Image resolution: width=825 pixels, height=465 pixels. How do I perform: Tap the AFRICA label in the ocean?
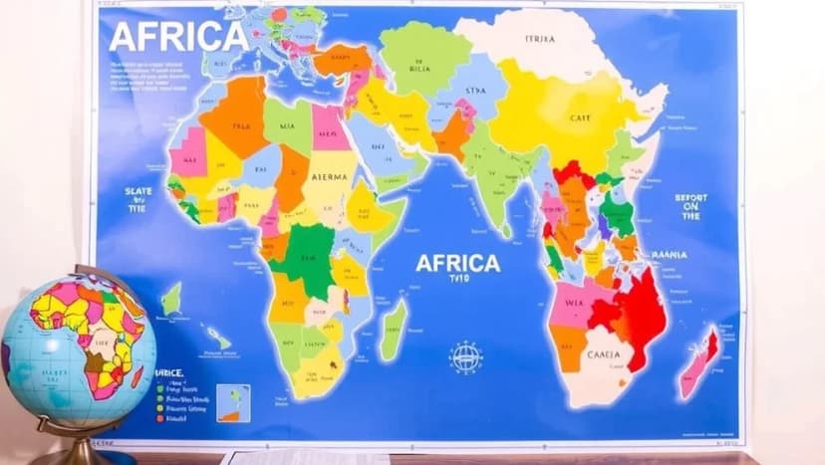pos(457,264)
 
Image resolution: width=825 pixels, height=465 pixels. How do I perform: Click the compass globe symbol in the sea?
pos(465,356)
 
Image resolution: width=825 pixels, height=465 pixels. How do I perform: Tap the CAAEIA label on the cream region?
pos(603,354)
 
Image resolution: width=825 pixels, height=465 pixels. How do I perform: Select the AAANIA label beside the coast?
pos(670,255)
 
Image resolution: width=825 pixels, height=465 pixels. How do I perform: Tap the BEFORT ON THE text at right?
pos(690,206)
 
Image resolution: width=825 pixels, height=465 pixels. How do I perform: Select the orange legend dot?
pos(160,418)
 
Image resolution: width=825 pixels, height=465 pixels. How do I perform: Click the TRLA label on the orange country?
pos(239,126)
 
